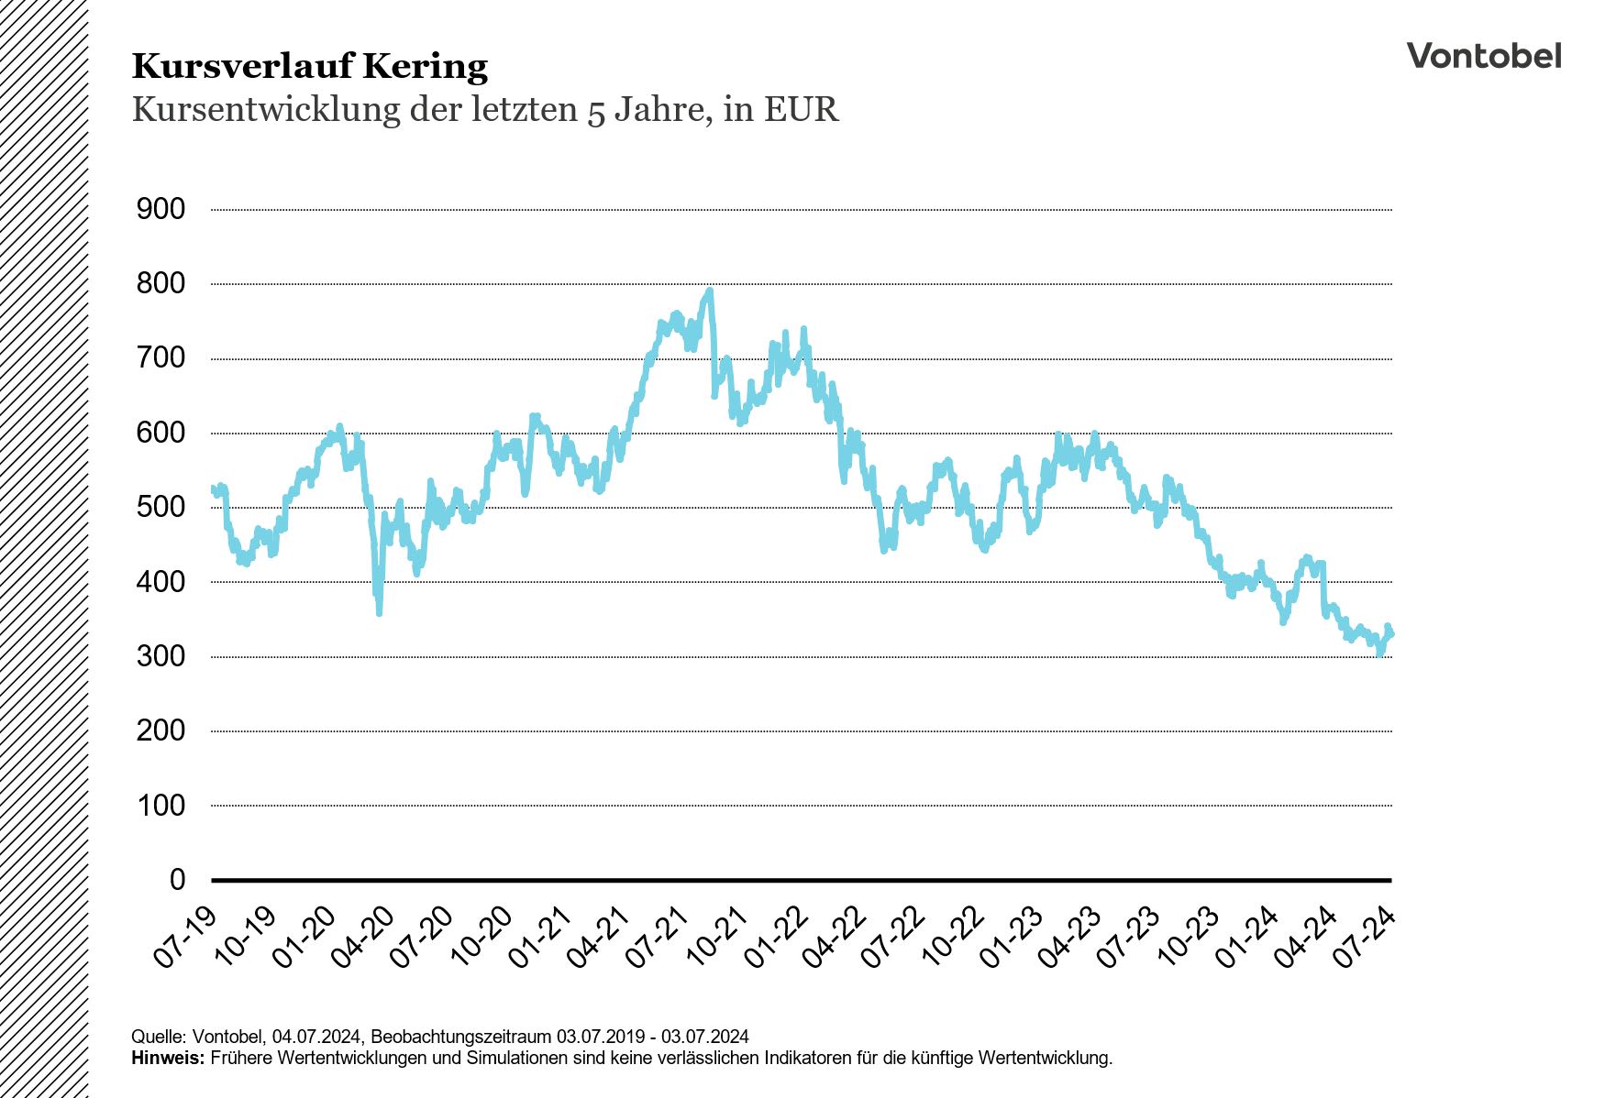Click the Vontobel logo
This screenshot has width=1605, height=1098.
pos(1483,56)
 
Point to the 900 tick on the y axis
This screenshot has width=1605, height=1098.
pos(160,209)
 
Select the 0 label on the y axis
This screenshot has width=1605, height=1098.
pos(177,880)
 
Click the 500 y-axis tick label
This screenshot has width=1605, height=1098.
pos(160,507)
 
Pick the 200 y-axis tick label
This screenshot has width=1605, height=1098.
pos(160,730)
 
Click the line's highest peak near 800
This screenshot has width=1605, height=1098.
pos(709,291)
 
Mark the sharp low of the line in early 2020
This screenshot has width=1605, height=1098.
pos(379,611)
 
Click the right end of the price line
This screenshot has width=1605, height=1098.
pos(1391,633)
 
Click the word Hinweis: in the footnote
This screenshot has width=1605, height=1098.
pos(169,1058)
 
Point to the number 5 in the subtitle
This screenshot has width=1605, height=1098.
pos(595,111)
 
